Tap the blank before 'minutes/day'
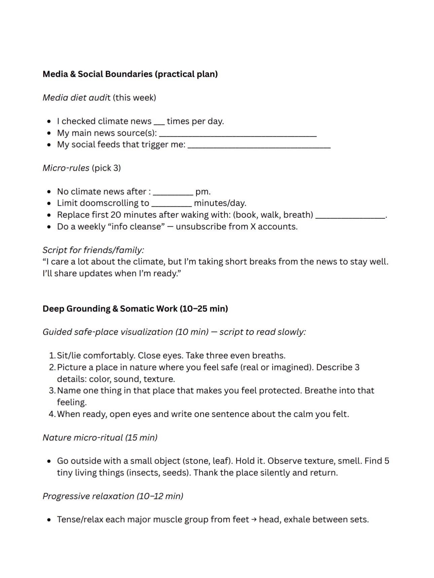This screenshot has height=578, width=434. coord(171,204)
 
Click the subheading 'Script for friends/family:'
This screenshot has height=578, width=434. coord(93,250)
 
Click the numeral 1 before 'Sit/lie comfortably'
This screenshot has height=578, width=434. coord(51,355)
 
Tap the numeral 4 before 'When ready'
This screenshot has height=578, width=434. coord(51,414)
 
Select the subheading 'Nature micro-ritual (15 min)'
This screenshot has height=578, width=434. coord(100,438)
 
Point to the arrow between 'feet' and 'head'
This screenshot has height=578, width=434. coord(254,520)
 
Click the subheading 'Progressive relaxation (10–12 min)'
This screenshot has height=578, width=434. coord(113,496)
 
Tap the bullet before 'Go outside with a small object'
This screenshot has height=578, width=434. coord(49,461)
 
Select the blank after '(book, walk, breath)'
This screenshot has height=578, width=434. coord(350,216)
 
